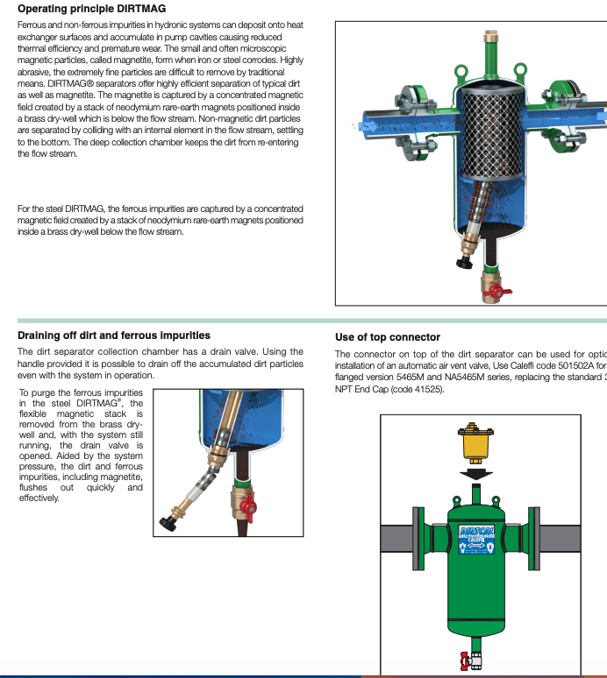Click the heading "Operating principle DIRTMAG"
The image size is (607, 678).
click(85, 9)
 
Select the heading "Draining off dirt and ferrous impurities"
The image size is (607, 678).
click(114, 335)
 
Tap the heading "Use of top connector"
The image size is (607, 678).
click(388, 337)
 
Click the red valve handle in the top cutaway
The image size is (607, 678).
click(498, 290)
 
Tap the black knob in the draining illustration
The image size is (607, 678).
click(168, 523)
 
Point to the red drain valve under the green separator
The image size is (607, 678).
click(468, 659)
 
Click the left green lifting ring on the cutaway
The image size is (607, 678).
click(449, 69)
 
